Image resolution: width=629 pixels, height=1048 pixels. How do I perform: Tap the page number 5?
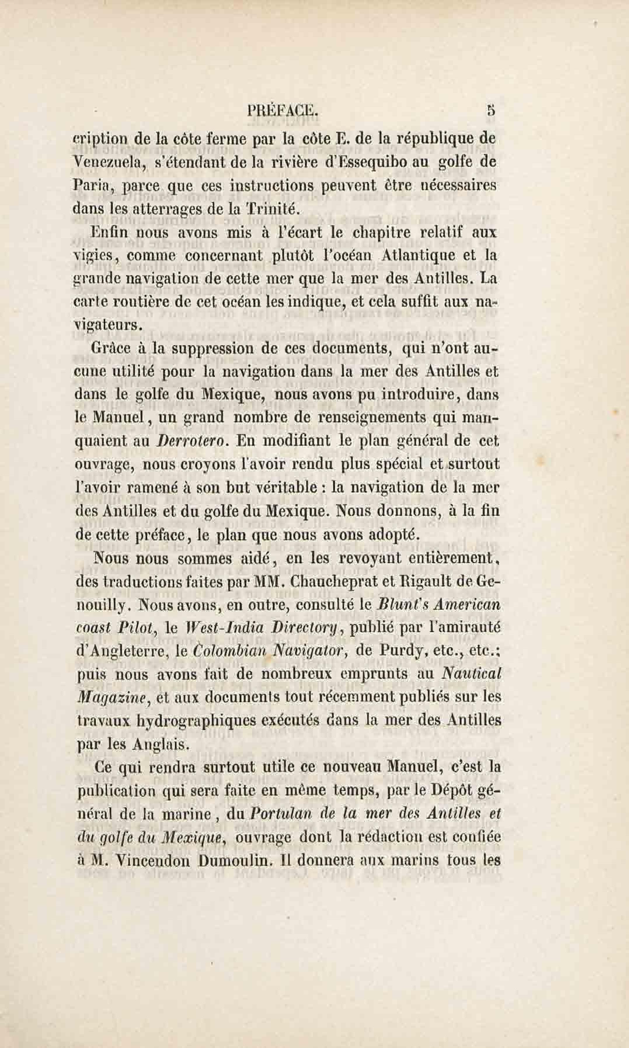[x=491, y=111]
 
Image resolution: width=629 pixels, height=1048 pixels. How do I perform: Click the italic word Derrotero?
[x=192, y=441]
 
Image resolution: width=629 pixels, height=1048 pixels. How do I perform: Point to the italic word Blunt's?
[x=400, y=604]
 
